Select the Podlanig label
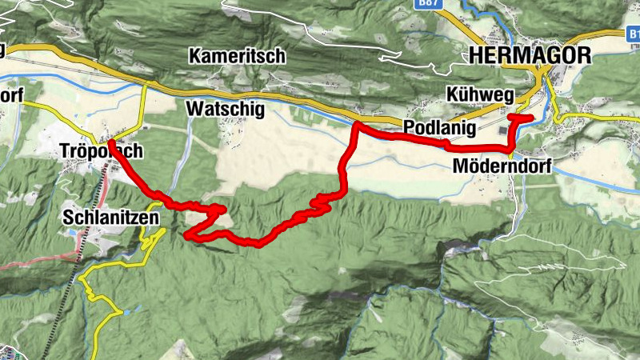point(439,128)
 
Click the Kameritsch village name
point(238,56)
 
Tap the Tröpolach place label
point(101,152)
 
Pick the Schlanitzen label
point(112,217)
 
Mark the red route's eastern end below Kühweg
point(530,118)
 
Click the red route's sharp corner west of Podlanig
point(357,126)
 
